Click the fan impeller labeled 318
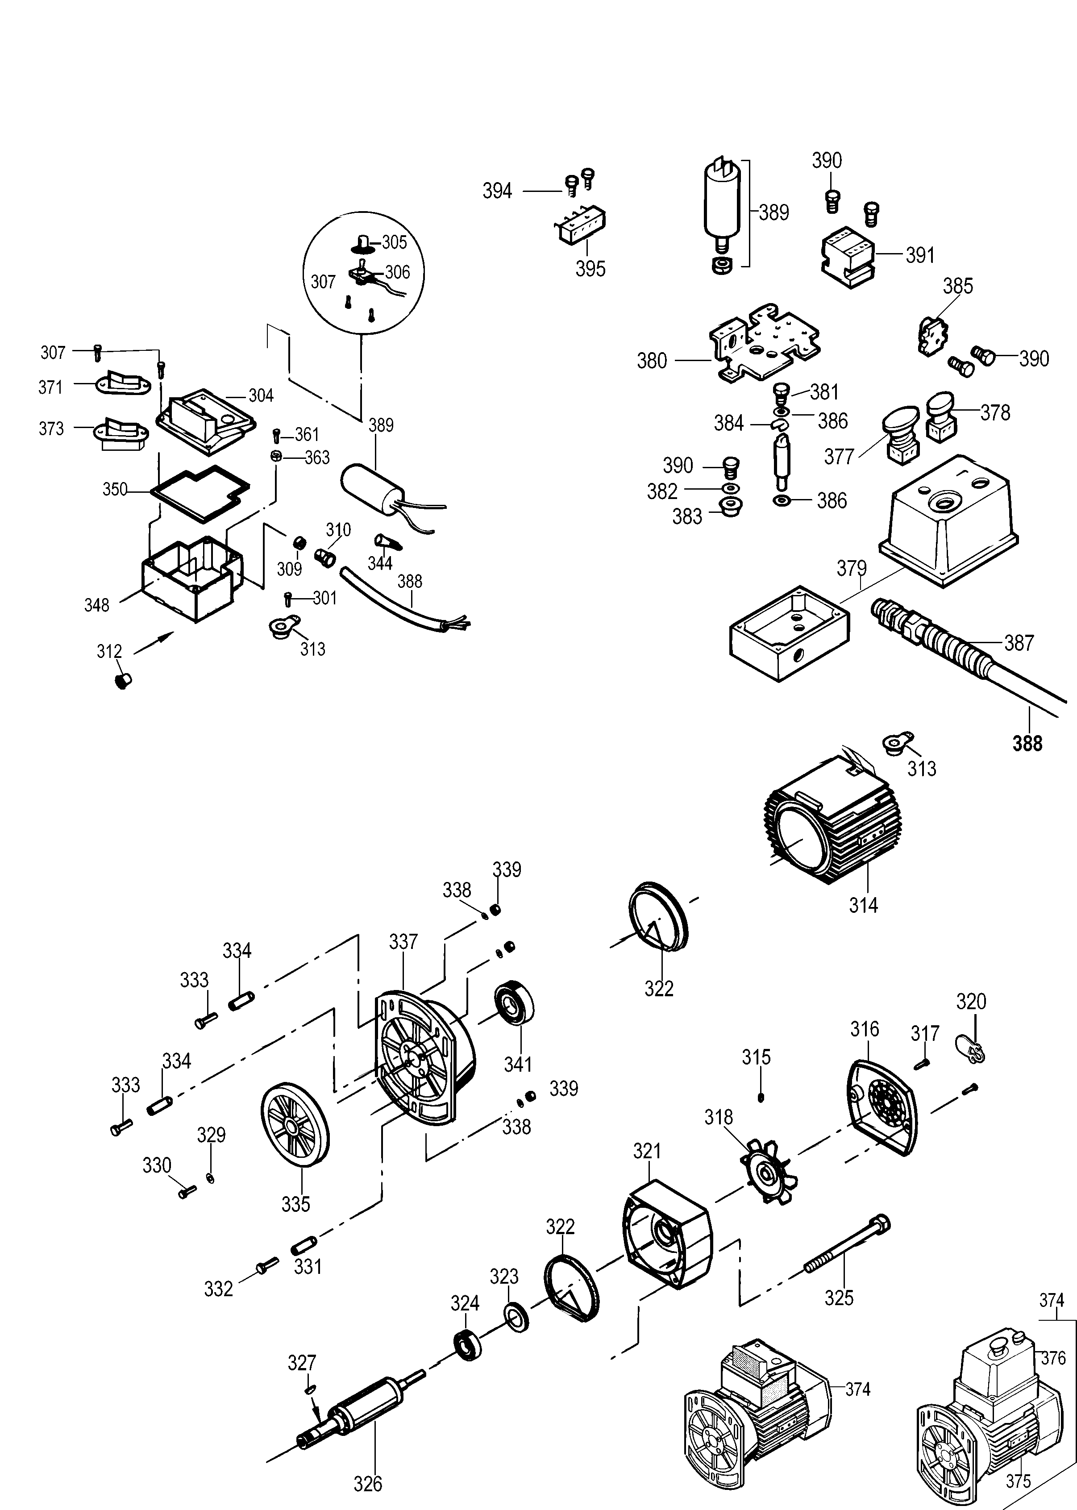(x=769, y=1174)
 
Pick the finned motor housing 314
(x=829, y=836)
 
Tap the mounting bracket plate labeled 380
(x=763, y=345)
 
